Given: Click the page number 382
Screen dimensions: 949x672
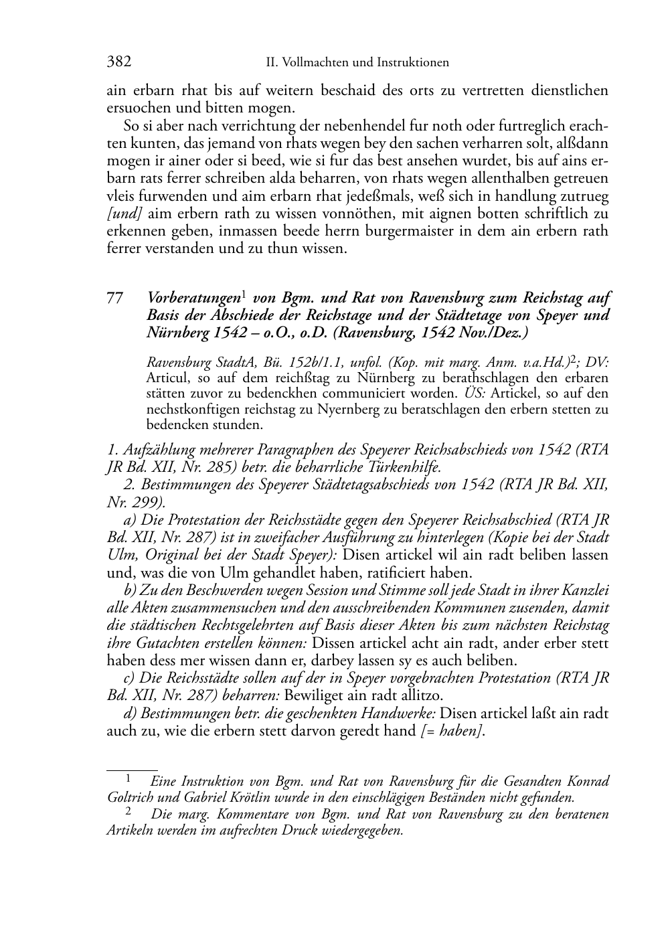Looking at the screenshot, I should coord(119,62).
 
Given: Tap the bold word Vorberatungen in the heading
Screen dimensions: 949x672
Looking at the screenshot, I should coord(193,298).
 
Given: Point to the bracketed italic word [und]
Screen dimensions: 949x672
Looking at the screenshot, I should coord(124,213).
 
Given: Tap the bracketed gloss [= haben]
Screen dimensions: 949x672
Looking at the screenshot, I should coord(452,731).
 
